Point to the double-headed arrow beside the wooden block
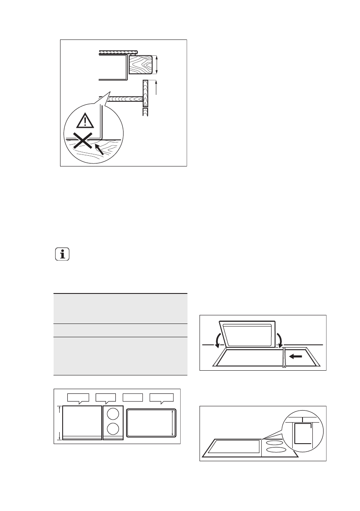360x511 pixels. pos(157,65)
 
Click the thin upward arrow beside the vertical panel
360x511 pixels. pos(157,88)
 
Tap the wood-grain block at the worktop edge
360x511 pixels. pos(141,65)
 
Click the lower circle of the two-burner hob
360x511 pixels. pos(113,429)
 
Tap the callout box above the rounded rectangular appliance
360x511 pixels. pos(161,397)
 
